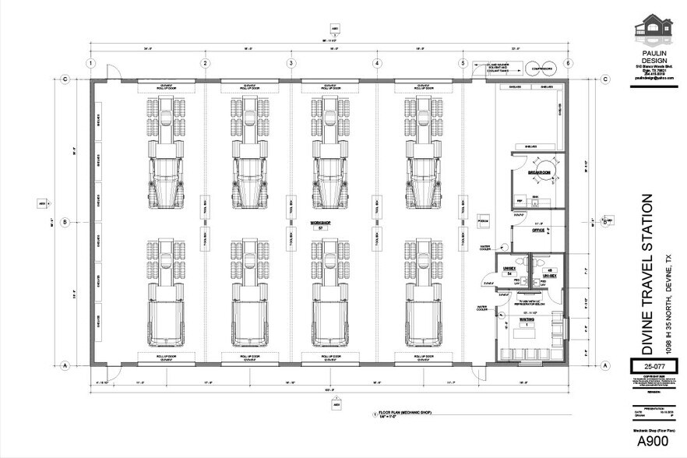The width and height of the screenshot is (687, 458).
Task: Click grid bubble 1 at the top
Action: click(91, 63)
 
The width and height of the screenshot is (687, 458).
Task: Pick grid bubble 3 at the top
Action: click(291, 63)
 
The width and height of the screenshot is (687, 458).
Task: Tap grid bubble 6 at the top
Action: click(569, 63)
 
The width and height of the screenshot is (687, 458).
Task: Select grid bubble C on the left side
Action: click(67, 79)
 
